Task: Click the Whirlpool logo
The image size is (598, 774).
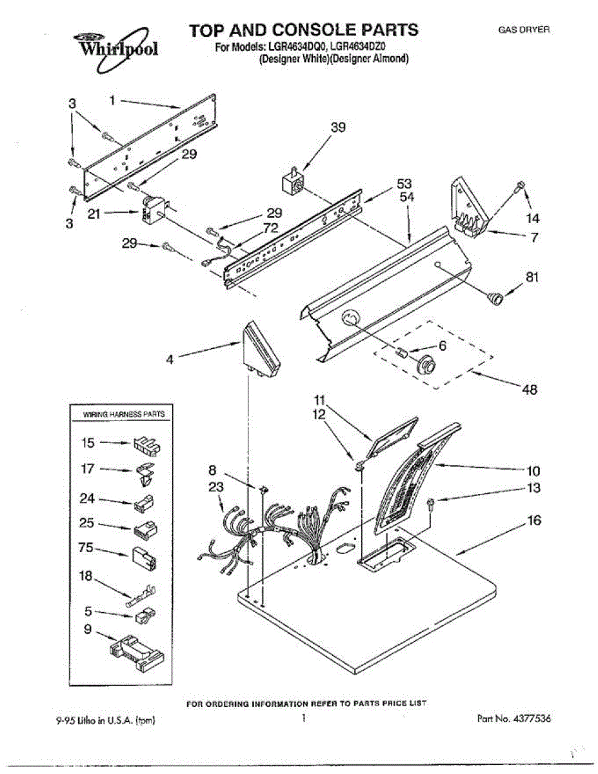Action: (x=116, y=46)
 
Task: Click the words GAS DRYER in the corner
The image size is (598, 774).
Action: (x=523, y=30)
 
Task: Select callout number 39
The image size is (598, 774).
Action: (x=337, y=128)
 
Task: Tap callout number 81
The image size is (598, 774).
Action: (x=532, y=277)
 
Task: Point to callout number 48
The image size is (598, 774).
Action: (x=529, y=390)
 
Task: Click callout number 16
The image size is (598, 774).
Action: (x=534, y=520)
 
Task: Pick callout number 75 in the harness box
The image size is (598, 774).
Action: (x=86, y=548)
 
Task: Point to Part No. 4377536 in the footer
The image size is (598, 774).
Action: (x=513, y=718)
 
